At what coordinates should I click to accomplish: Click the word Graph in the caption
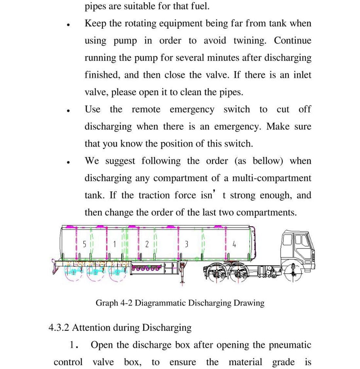point(107,303)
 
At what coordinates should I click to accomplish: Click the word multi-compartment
point(272,178)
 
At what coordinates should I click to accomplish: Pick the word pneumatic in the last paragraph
point(290,345)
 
